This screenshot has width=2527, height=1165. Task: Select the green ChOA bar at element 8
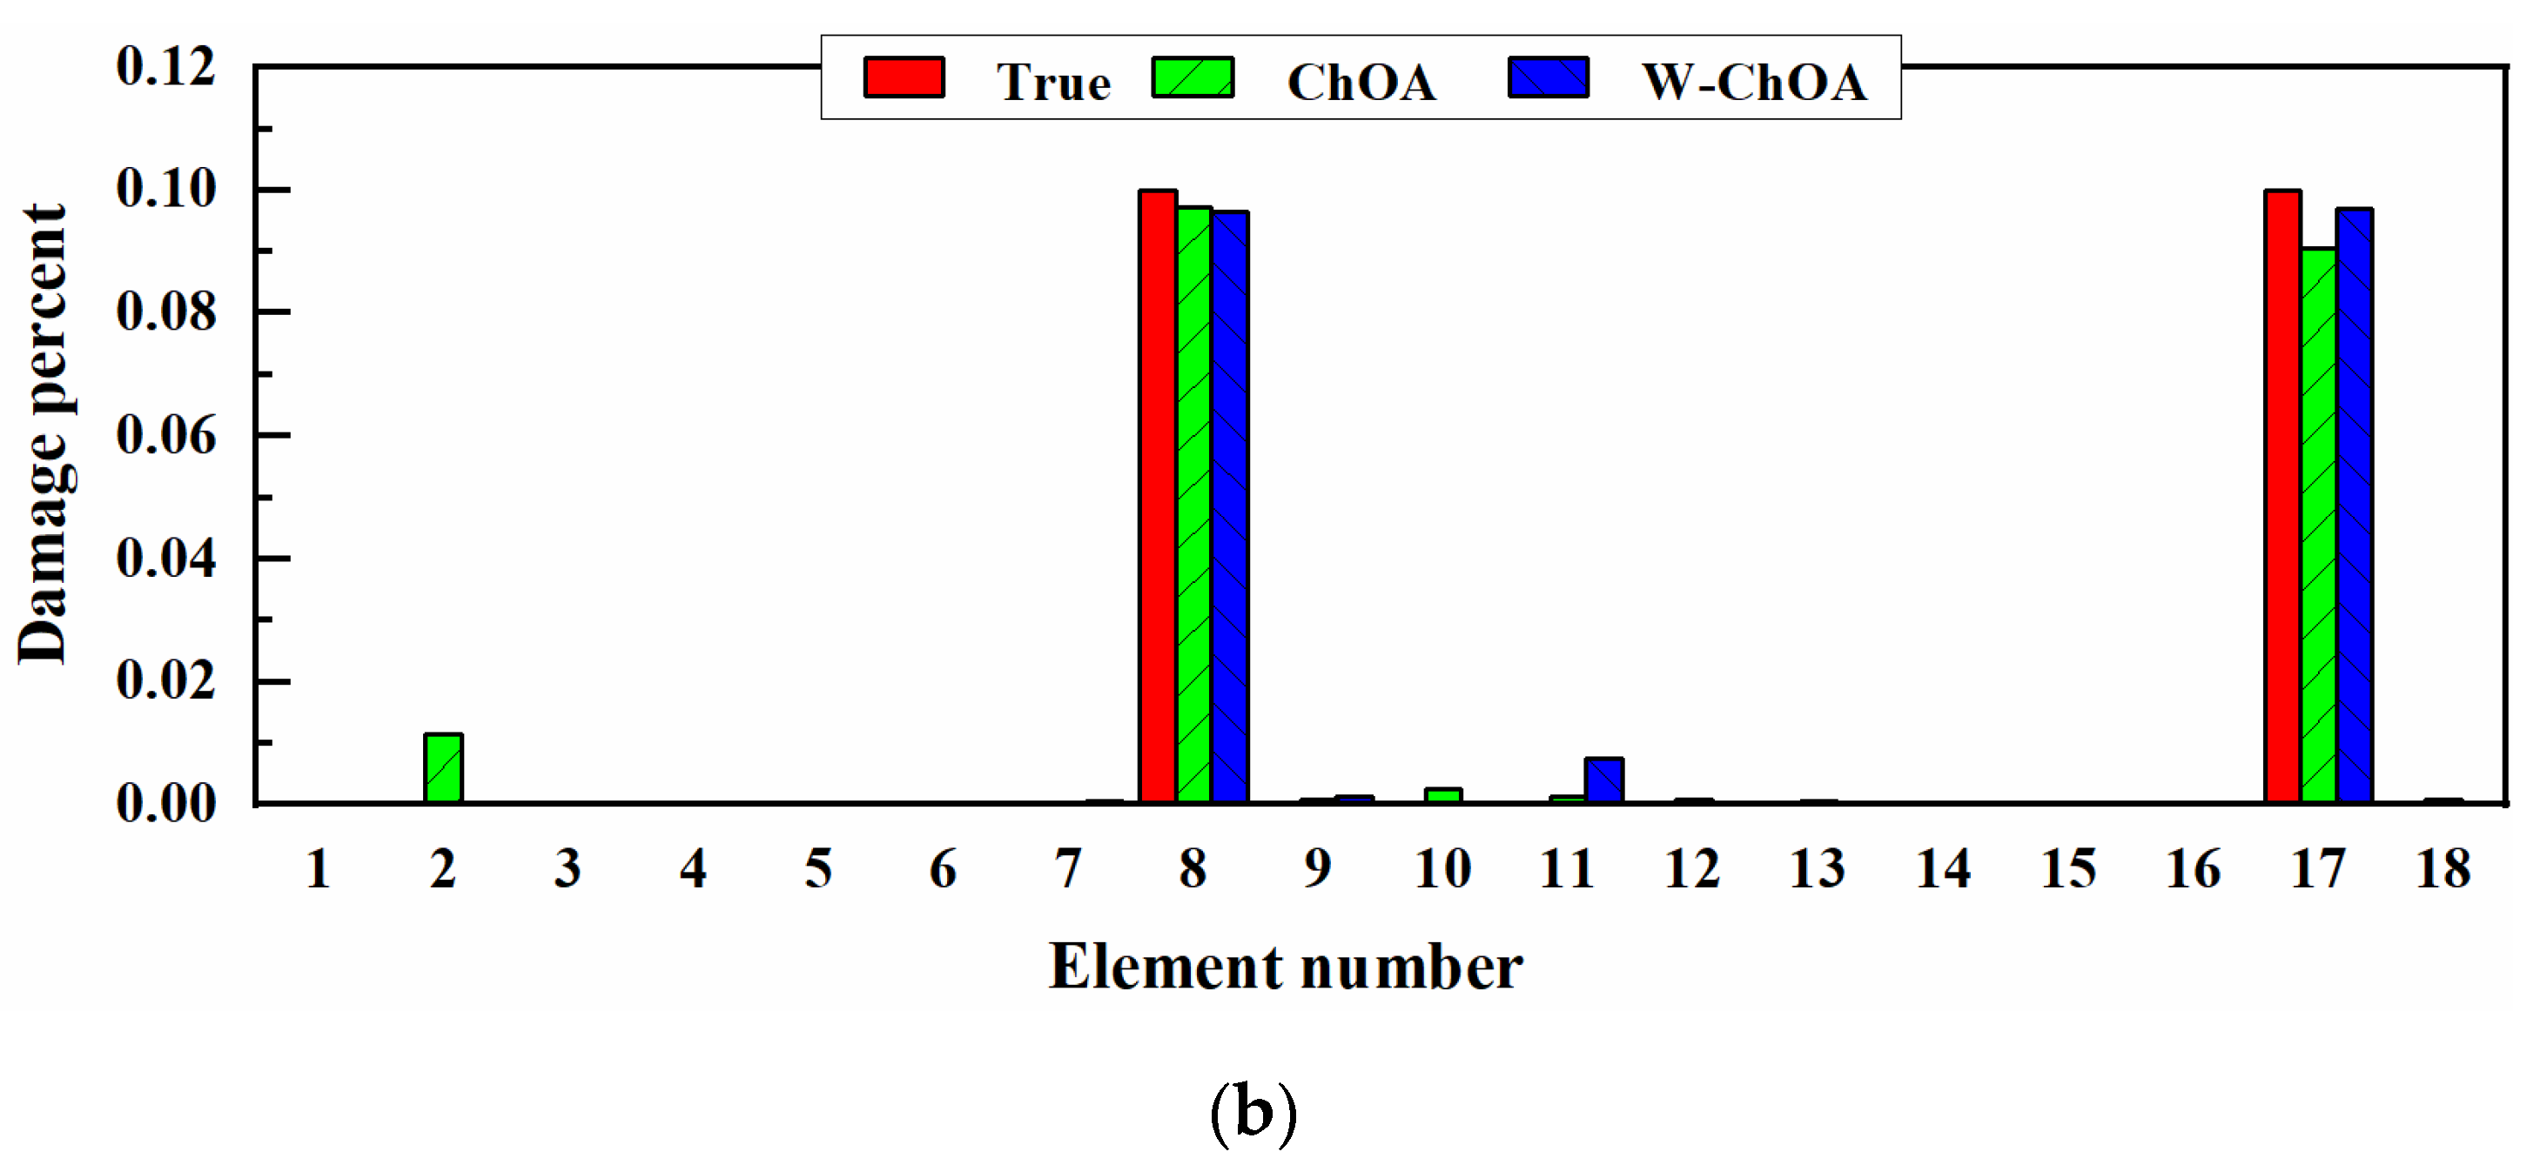click(1193, 504)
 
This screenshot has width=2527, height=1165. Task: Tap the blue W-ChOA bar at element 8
click(1230, 507)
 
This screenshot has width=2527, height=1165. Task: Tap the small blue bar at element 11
click(1604, 780)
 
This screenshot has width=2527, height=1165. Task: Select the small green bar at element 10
click(1443, 795)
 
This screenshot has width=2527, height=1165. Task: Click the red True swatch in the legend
click(904, 77)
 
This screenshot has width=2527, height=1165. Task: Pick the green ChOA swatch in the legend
click(1193, 77)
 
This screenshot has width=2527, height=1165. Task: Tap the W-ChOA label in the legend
click(1754, 82)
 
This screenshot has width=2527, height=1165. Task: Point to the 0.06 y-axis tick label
click(165, 435)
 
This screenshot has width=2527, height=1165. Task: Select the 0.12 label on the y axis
click(165, 67)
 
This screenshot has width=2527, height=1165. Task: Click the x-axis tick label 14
click(1943, 869)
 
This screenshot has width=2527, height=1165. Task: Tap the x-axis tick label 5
click(818, 869)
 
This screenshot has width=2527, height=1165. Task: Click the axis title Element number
click(1285, 967)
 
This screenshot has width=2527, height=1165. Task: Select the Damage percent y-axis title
click(44, 433)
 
